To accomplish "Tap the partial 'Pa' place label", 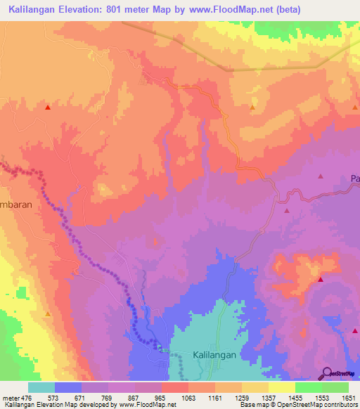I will [x=355, y=179].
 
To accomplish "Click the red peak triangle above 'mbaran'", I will [x=48, y=108].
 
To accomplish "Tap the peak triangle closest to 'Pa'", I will [x=321, y=177].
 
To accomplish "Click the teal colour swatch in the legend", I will [x=41, y=387].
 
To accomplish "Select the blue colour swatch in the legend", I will [x=68, y=387].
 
